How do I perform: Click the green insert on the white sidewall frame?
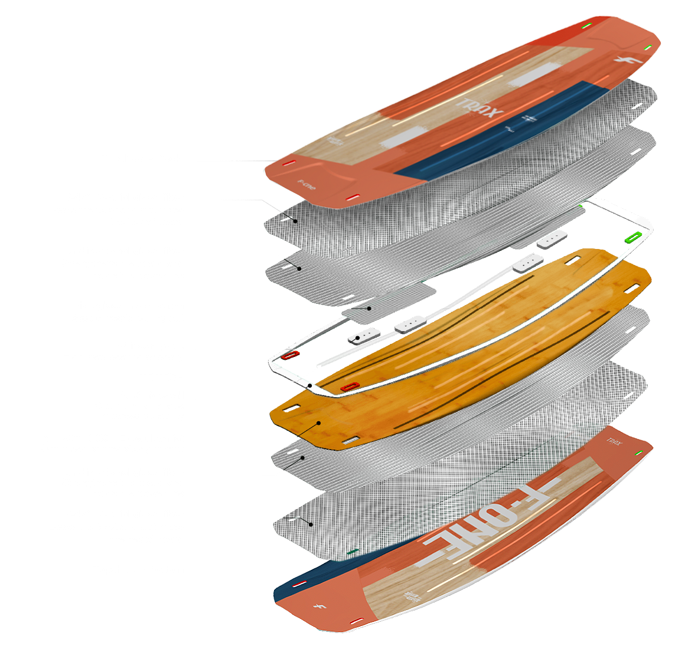click(632, 238)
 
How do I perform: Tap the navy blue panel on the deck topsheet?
click(502, 133)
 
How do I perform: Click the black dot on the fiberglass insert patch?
click(369, 308)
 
